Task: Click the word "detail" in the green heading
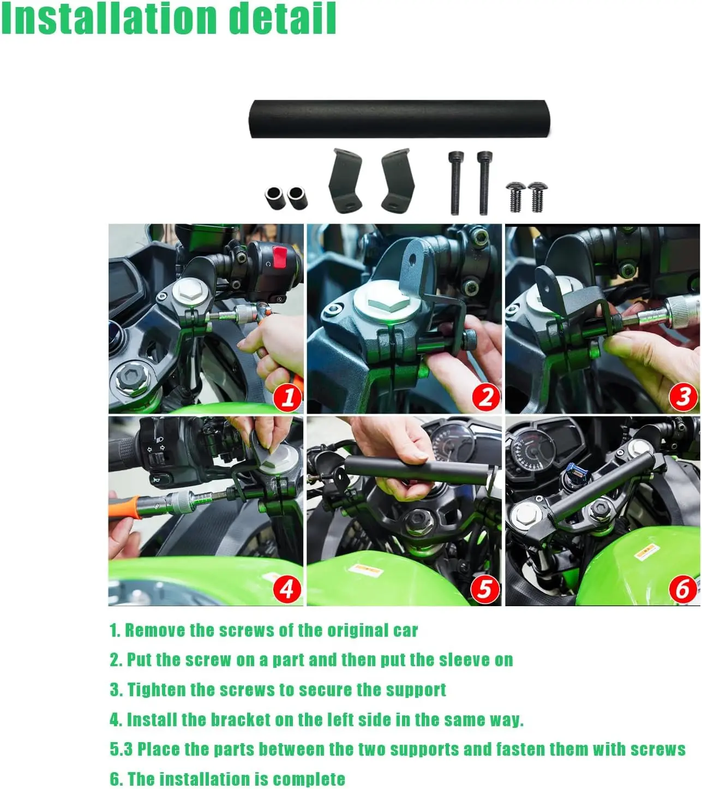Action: tap(282, 19)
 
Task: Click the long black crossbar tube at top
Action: tap(399, 119)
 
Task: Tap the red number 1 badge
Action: tap(288, 398)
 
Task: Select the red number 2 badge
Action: tap(486, 398)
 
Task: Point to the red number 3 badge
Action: tap(683, 398)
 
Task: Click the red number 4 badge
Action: tap(287, 589)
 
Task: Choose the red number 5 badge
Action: tap(485, 589)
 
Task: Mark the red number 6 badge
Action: tap(683, 589)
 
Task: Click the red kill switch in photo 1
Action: tap(280, 257)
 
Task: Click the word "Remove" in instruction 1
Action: tap(155, 630)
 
